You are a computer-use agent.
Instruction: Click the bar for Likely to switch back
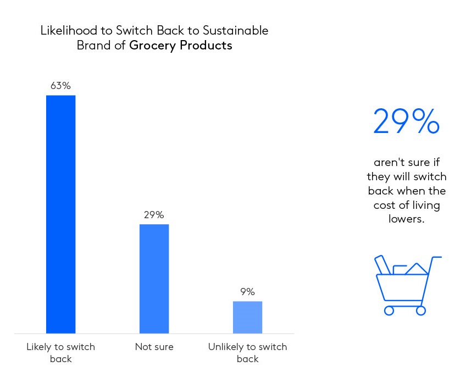pyautogui.click(x=60, y=214)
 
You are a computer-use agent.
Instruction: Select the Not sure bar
pyautogui.click(x=154, y=279)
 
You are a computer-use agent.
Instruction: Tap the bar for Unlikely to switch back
pyautogui.click(x=247, y=317)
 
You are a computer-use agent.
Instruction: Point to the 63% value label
pyautogui.click(x=60, y=86)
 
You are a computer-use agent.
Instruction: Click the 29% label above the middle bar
pyautogui.click(x=154, y=215)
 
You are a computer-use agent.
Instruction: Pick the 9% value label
pyautogui.click(x=247, y=292)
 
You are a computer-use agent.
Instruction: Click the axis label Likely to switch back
pyautogui.click(x=60, y=353)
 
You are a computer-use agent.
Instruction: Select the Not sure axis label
pyautogui.click(x=154, y=347)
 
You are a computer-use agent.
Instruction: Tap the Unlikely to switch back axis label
pyautogui.click(x=247, y=353)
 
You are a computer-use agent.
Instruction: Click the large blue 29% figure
pyautogui.click(x=406, y=122)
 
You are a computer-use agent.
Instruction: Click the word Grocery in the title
pyautogui.click(x=152, y=46)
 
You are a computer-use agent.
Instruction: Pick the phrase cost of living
pyautogui.click(x=407, y=205)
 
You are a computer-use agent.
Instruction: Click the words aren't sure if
pyautogui.click(x=407, y=163)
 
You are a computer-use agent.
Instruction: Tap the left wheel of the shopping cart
pyautogui.click(x=389, y=311)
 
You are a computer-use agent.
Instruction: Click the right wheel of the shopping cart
pyautogui.click(x=421, y=311)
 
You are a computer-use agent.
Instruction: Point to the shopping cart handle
pyautogui.click(x=436, y=257)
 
